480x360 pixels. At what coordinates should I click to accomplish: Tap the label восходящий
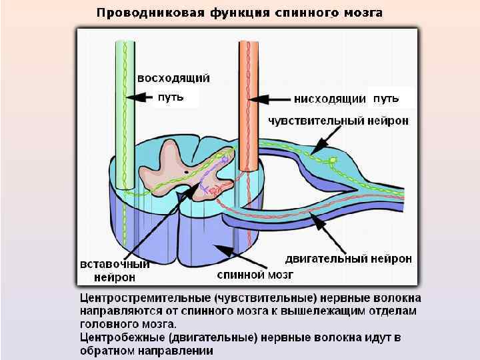point(173,77)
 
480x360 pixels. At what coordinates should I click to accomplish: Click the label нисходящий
point(330,99)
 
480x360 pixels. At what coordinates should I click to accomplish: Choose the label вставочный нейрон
point(114,269)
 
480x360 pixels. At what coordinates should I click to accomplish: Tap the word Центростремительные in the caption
point(145,298)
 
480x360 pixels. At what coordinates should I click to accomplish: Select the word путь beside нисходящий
point(386,98)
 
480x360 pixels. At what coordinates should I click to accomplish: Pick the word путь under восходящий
point(169,97)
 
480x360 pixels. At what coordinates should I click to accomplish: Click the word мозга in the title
point(365,13)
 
